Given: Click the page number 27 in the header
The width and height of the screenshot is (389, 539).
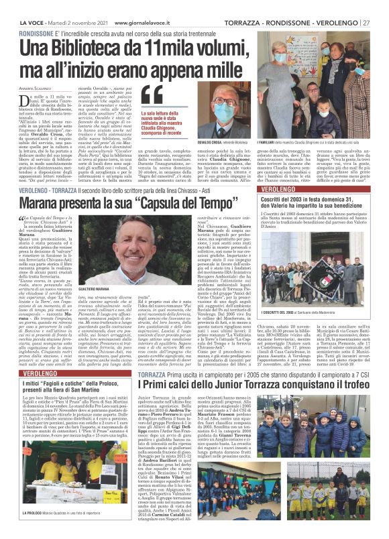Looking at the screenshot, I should pos(384,5).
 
